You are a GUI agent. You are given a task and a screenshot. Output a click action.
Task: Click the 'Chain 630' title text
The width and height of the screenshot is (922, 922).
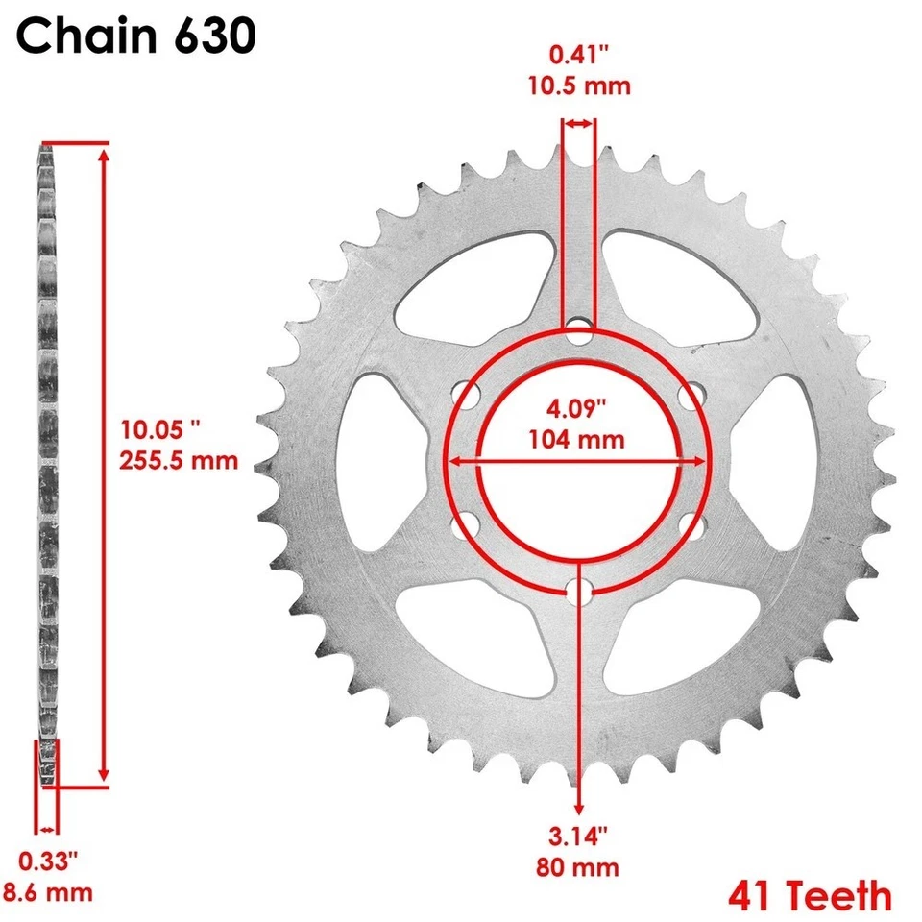click(x=135, y=36)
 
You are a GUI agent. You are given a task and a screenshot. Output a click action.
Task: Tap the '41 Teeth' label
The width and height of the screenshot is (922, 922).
click(x=810, y=895)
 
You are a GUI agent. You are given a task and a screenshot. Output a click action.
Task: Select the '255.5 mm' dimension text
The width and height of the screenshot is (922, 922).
click(x=179, y=460)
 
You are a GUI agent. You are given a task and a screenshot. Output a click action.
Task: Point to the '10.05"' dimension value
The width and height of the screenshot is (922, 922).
click(x=160, y=430)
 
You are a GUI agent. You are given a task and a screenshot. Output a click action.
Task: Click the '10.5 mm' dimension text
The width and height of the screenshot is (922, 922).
click(x=579, y=85)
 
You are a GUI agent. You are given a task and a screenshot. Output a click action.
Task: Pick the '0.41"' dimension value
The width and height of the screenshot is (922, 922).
click(x=578, y=55)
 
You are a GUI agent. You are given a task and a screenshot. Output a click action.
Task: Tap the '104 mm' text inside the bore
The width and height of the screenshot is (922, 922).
click(x=576, y=440)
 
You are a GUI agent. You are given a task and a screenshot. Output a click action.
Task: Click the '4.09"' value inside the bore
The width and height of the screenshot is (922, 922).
click(x=576, y=408)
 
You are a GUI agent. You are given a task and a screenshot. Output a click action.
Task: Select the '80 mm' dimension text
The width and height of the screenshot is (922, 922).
click(x=577, y=868)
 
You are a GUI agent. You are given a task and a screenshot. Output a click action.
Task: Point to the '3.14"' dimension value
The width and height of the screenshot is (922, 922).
click(x=577, y=837)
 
